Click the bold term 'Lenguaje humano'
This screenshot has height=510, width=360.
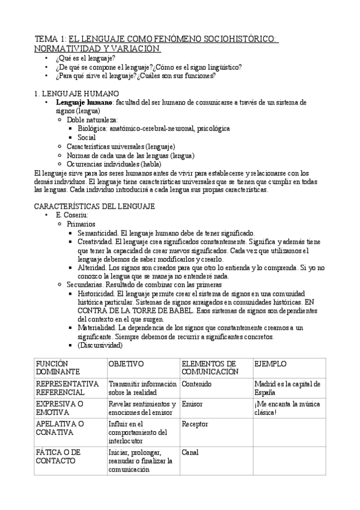tap(84, 102)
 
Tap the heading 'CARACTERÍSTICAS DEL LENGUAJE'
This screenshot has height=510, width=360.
tap(95, 206)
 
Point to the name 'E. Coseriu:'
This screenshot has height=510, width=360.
tap(72, 215)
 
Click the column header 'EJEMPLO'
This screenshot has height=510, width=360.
tap(270, 364)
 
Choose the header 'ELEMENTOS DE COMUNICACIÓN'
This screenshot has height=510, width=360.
tap(210, 368)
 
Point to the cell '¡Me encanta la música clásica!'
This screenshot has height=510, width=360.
tap(287, 408)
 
